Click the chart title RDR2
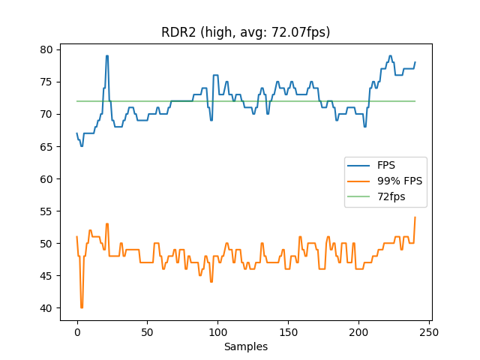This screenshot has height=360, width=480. click(246, 32)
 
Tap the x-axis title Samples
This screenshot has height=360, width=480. click(246, 346)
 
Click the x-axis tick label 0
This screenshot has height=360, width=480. click(76, 332)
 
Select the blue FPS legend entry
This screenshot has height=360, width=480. click(387, 165)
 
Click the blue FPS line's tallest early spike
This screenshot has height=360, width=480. click(107, 56)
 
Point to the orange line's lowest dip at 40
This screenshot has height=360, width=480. click(82, 307)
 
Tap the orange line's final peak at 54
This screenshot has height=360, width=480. click(415, 217)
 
